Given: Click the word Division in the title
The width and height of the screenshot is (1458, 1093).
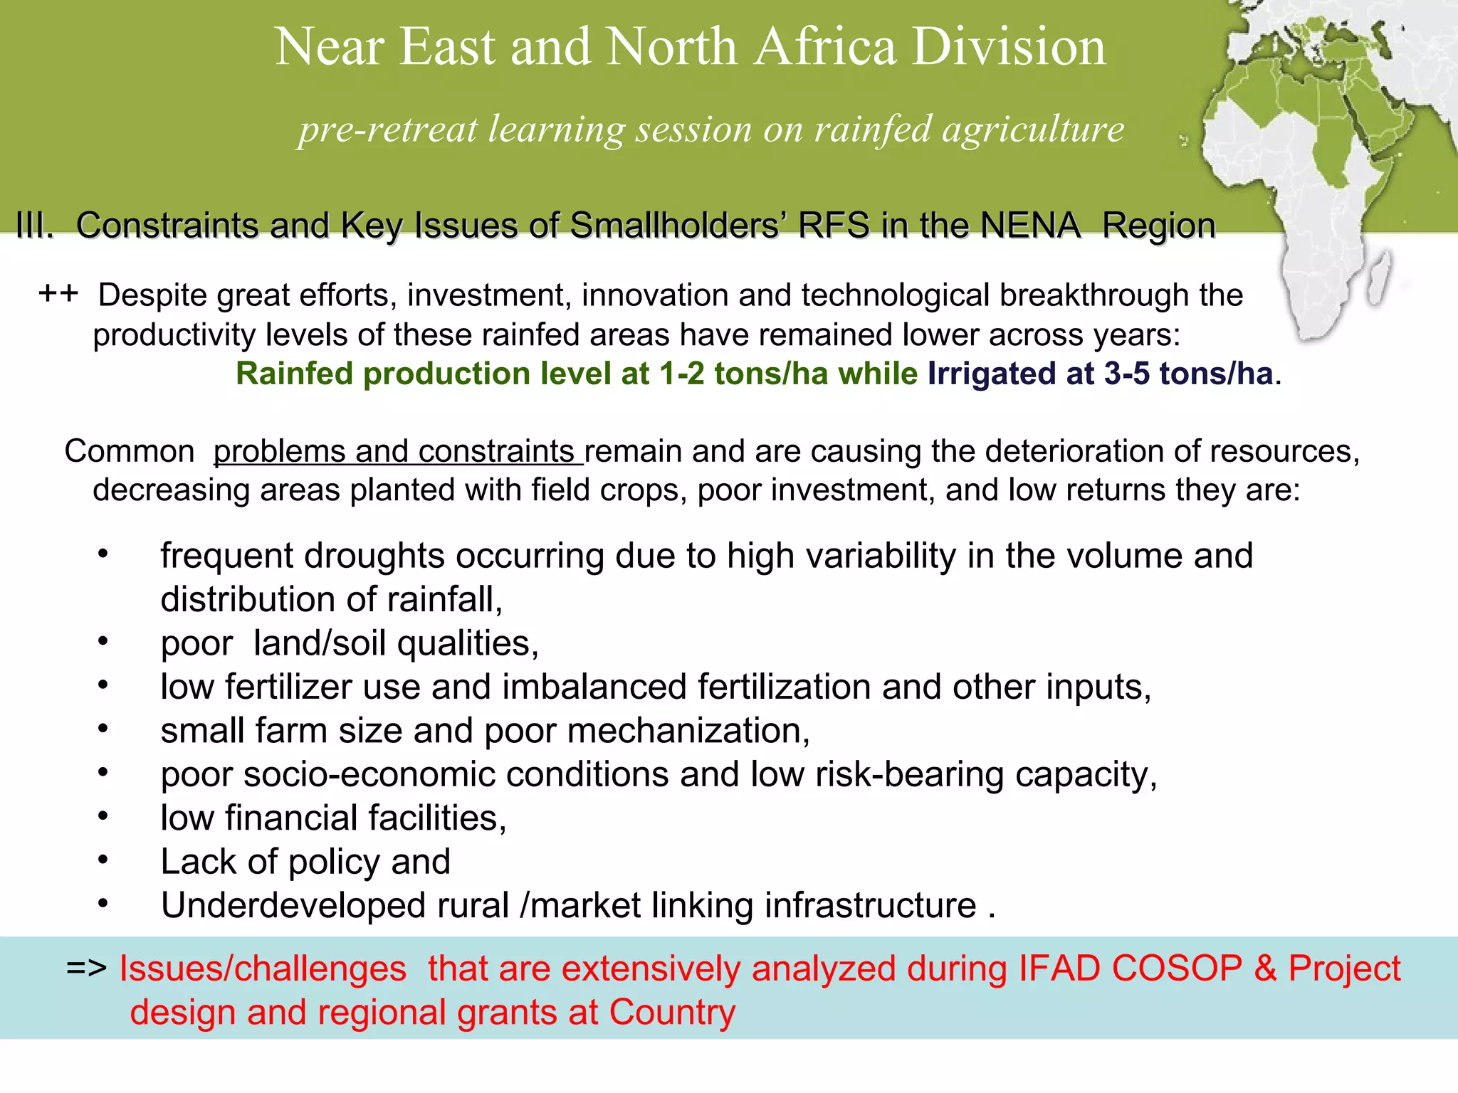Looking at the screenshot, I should [1009, 47].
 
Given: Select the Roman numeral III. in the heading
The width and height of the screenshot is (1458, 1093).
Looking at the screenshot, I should [34, 226].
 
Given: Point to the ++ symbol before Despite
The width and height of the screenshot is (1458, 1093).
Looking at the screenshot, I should [58, 293].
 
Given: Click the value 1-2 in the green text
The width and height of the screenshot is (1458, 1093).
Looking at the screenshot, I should [681, 374].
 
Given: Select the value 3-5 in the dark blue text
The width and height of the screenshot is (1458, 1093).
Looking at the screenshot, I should [1126, 374].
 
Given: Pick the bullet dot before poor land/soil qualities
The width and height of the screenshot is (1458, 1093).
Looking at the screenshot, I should [103, 642].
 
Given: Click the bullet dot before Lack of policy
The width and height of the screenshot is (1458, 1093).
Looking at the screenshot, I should [103, 860].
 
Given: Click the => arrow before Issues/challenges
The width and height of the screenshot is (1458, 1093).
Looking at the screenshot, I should [86, 968].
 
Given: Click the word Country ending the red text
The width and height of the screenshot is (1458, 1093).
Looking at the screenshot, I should [671, 1012].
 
